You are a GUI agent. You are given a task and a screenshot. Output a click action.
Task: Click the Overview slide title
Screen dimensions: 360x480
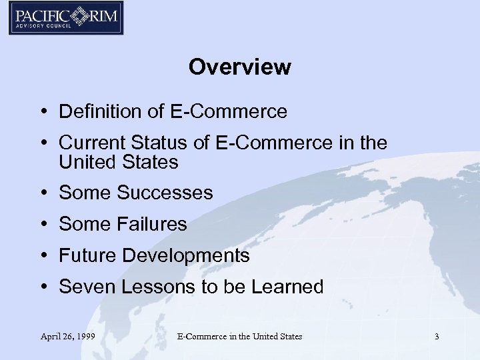pos(239,67)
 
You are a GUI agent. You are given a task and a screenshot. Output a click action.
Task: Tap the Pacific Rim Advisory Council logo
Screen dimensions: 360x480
pos(66,18)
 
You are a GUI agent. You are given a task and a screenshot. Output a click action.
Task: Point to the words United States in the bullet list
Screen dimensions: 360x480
pos(119,161)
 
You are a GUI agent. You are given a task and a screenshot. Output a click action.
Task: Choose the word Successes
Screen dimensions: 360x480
pos(165,193)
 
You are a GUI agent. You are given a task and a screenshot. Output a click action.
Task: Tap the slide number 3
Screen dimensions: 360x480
pos(437,337)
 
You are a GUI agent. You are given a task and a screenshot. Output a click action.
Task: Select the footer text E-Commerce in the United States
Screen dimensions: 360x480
pos(239,337)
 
